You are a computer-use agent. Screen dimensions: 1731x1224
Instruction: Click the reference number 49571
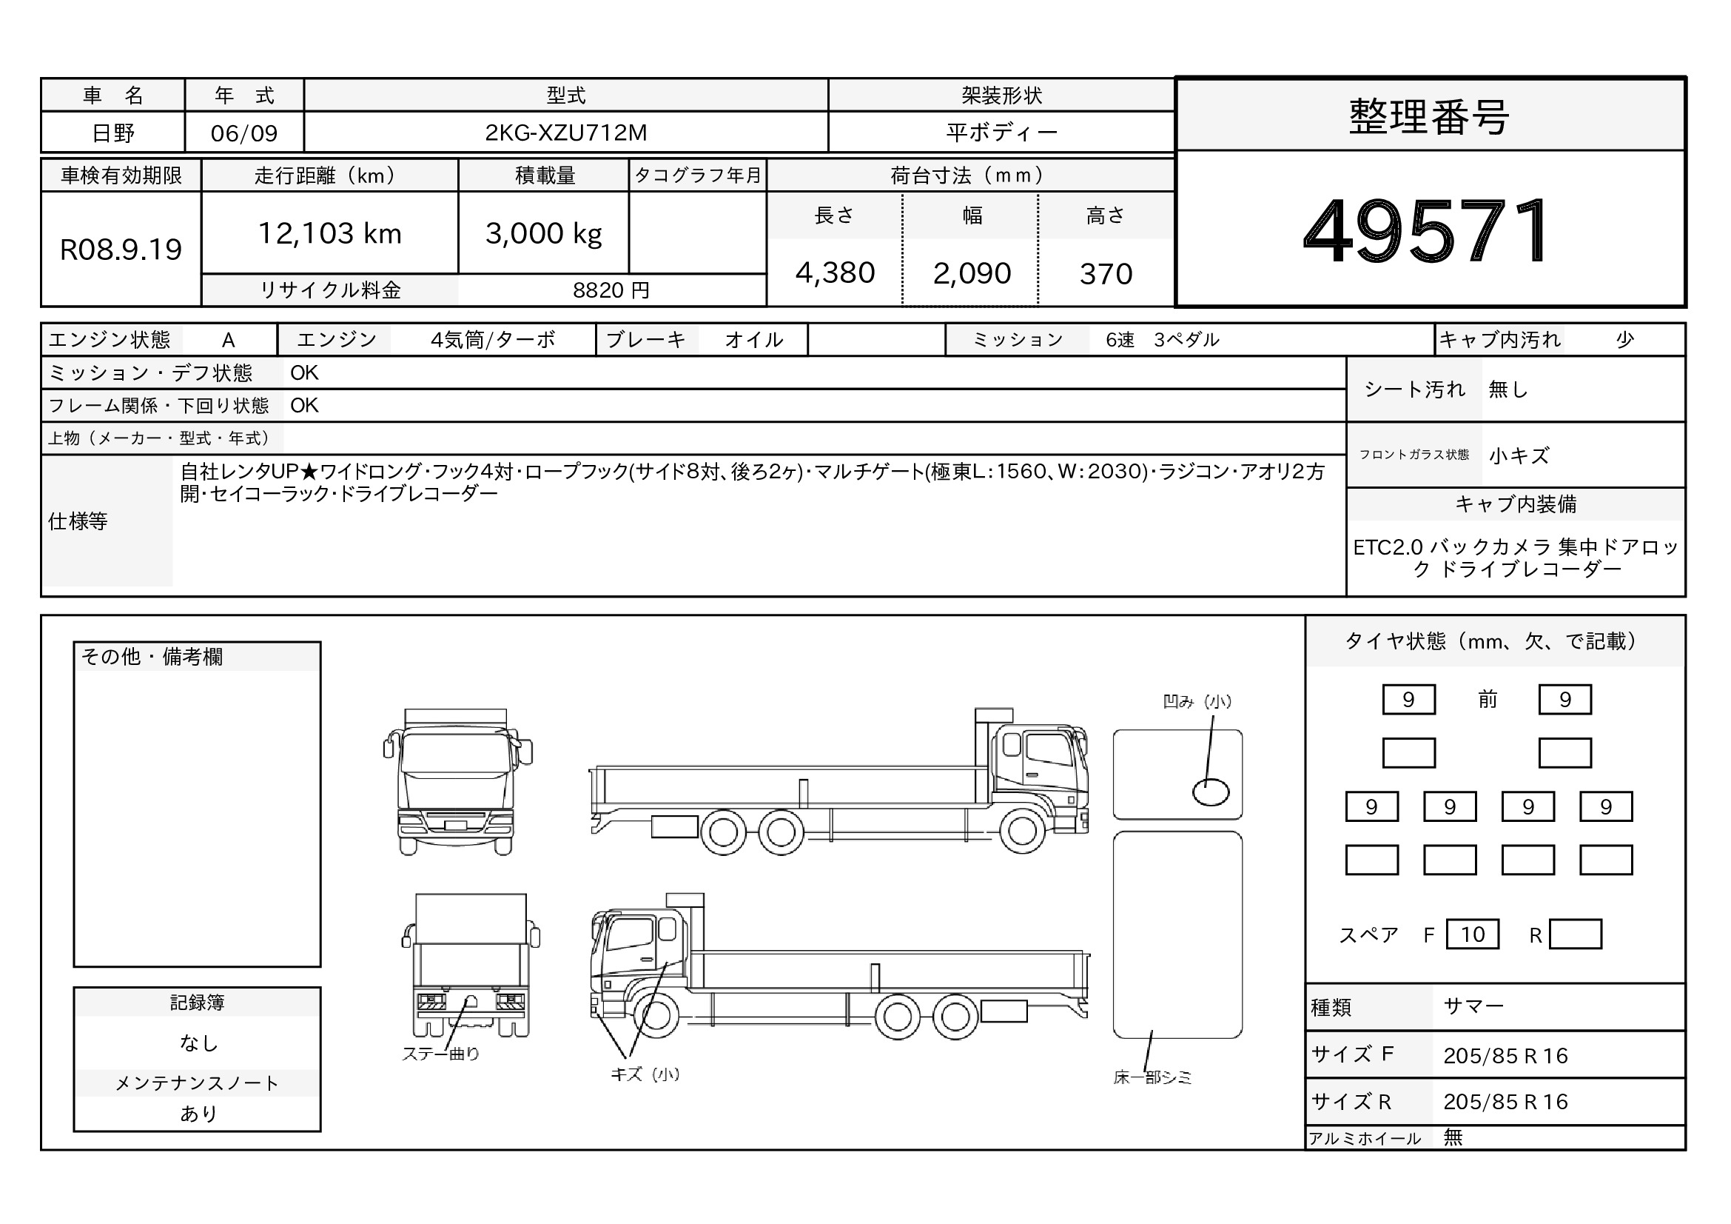click(1426, 231)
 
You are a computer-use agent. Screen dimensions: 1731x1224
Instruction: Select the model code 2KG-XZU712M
click(565, 133)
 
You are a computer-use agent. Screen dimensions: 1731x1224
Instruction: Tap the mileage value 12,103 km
click(329, 233)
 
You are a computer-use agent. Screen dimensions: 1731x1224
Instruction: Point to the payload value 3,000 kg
click(544, 234)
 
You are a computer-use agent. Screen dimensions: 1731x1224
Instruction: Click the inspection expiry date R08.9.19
click(121, 250)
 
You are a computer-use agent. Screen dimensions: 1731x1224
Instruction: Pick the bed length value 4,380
click(835, 273)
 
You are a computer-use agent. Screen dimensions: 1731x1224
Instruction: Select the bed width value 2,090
click(972, 273)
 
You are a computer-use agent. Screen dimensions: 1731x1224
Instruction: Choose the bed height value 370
click(1106, 274)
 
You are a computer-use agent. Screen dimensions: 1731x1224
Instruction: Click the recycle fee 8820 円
click(611, 290)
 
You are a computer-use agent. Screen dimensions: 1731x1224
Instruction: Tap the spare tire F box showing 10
click(1473, 934)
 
